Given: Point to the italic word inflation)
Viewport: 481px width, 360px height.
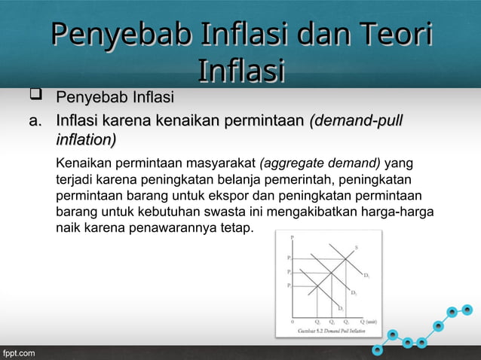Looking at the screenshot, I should coord(86,139).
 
